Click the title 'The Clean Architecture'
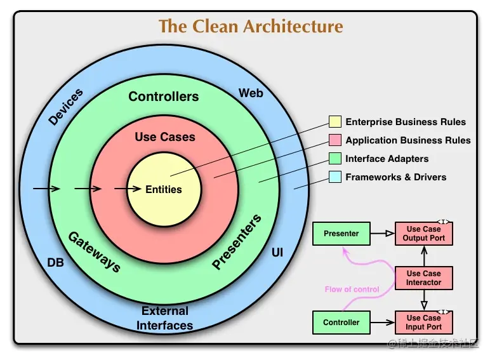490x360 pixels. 250,27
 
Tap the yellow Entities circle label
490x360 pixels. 164,189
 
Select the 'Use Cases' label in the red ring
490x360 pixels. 165,137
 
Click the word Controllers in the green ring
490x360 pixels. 164,97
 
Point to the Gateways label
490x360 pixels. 94,251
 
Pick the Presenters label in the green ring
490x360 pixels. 237,243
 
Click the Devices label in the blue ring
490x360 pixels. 66,107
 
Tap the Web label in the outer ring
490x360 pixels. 251,93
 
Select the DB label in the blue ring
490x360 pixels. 56,262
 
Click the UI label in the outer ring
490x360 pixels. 277,253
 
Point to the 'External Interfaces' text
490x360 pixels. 165,318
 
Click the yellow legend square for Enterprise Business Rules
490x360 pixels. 335,122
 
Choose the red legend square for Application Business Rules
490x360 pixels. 335,140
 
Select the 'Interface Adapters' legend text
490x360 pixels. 387,159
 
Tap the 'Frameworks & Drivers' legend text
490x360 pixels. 395,177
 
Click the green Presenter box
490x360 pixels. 341,234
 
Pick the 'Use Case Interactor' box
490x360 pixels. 423,278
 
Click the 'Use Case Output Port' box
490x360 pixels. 423,234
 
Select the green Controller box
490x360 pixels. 341,323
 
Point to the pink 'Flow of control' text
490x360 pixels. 352,290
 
